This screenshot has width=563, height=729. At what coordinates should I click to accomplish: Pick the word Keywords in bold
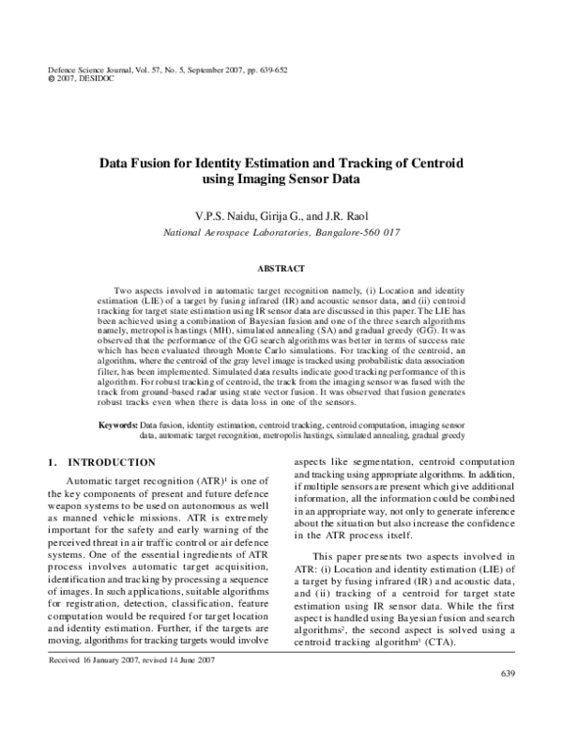(x=121, y=426)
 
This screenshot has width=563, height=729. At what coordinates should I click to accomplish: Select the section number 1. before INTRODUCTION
(x=53, y=462)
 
